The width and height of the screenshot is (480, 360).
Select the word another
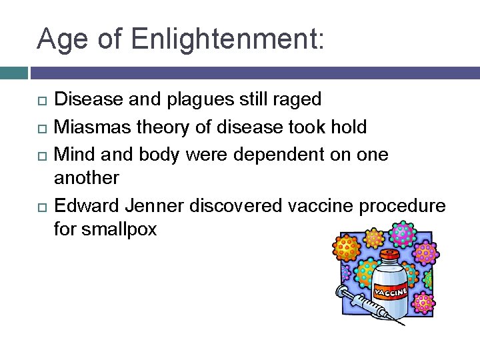(x=87, y=178)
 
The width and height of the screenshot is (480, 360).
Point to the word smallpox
(x=120, y=230)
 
